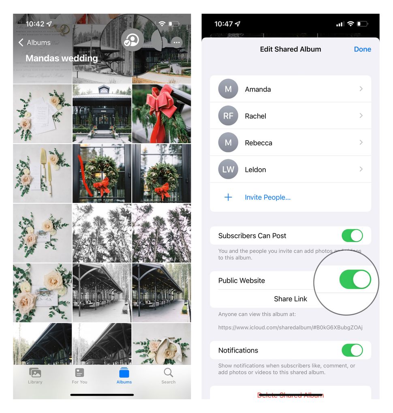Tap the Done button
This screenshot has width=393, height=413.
pos(362,49)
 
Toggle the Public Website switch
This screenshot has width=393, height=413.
pos(355,280)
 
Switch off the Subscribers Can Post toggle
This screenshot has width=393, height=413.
pos(352,236)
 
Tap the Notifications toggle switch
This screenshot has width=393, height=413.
pos(352,350)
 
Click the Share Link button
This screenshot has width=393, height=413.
pos(290,299)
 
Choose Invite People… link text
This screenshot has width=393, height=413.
pos(267,198)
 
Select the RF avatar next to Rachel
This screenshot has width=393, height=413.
pos(228,116)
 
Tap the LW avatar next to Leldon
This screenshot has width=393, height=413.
pos(228,170)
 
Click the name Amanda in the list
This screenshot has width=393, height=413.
pos(258,89)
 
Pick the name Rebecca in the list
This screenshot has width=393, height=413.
pos(258,143)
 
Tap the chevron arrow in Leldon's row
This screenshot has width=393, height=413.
pos(361,169)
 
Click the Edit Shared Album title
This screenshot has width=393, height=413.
pos(290,49)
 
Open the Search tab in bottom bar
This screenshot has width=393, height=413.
pos(168,375)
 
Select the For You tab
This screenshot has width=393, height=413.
pos(79,375)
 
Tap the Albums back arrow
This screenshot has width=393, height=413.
pos(21,43)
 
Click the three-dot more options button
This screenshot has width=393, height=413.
pos(176,42)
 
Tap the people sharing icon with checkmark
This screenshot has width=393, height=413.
pos(132,40)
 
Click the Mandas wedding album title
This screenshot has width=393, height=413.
pos(62,58)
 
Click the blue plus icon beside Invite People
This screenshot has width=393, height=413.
pos(228,198)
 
